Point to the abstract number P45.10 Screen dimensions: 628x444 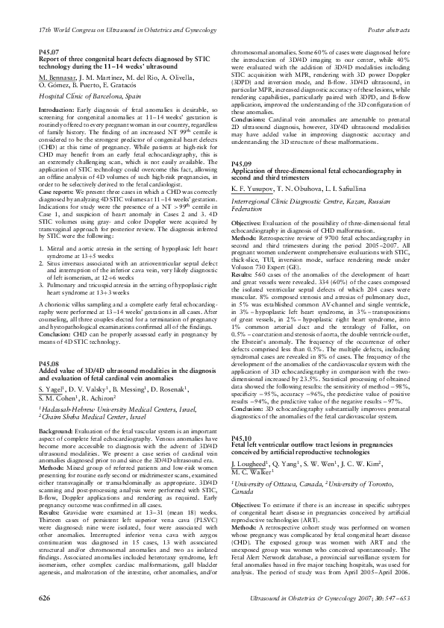coord(242,459)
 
